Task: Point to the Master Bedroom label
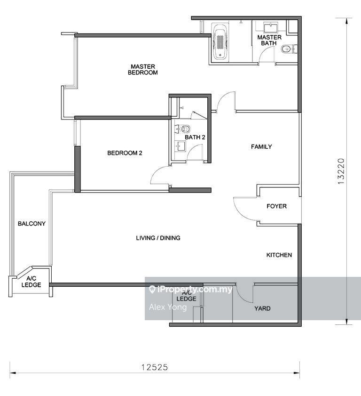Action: pos(143,69)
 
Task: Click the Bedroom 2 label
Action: pos(125,153)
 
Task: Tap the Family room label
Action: pos(261,146)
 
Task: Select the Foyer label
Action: pos(276,206)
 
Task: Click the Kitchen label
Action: pos(279,255)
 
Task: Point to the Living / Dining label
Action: pos(158,238)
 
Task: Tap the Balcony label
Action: pos(31,224)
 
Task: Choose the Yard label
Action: pos(262,308)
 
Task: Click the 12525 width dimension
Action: pos(155,367)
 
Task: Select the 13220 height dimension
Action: pos(341,171)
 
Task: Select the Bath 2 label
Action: pos(195,137)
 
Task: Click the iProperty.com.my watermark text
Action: pos(190,289)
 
